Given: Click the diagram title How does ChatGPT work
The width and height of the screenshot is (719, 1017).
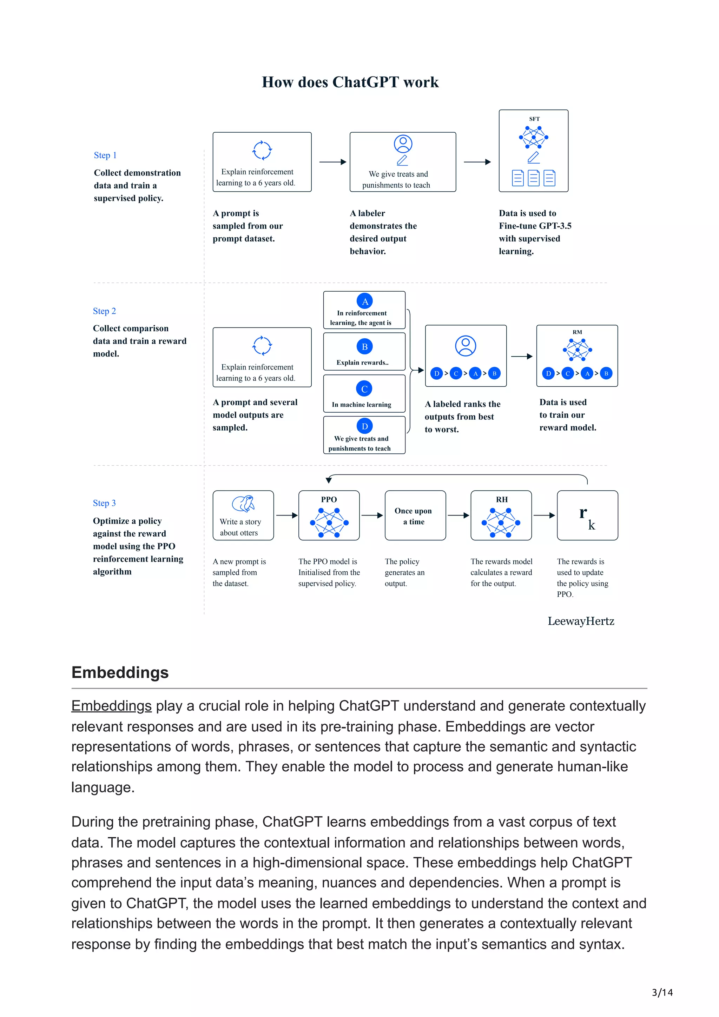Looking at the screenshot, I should (350, 82).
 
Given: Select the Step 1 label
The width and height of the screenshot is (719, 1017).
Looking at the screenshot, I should (105, 155).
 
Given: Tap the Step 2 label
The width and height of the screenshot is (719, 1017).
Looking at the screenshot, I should (104, 311).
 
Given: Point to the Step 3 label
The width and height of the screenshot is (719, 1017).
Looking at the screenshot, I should (104, 503).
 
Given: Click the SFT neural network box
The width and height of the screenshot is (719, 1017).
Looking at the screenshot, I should (533, 151).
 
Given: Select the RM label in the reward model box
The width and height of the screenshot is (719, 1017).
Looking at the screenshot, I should (577, 332).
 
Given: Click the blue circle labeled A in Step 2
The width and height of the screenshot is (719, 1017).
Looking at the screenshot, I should (365, 301).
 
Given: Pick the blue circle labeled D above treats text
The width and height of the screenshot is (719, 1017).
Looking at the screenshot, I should (365, 426).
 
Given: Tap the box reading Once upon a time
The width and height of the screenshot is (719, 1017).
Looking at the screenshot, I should (415, 516).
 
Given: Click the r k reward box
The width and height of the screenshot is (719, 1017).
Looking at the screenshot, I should (587, 516).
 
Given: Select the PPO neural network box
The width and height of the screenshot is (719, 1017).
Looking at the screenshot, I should (329, 516).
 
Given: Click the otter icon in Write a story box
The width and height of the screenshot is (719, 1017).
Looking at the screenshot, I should (243, 504).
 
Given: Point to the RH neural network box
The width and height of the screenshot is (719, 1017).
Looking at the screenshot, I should (501, 516).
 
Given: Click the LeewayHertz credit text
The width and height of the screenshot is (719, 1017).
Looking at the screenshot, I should (580, 621).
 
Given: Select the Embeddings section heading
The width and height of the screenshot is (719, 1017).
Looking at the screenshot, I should (120, 672).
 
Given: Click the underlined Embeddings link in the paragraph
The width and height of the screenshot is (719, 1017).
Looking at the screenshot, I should (111, 706).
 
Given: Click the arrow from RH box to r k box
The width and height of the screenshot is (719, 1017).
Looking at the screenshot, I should (544, 515).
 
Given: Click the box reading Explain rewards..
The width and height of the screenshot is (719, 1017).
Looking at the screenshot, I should (364, 352).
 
